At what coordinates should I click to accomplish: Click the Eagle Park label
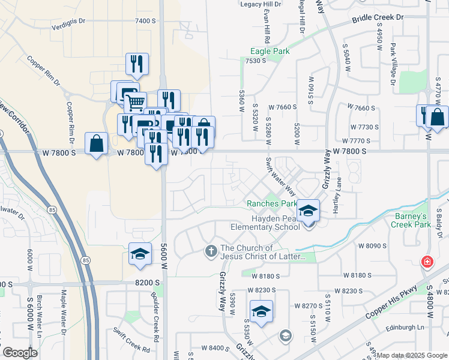coord(270,52)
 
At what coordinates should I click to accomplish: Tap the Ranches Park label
coord(272,204)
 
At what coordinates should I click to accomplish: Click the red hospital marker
coord(427,262)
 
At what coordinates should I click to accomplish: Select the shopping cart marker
coord(135,103)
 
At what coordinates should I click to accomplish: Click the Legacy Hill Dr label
coord(261,4)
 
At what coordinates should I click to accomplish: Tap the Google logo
coord(20,353)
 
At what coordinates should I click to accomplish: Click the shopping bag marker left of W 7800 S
coord(96,144)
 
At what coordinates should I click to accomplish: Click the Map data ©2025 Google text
coord(412,355)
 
